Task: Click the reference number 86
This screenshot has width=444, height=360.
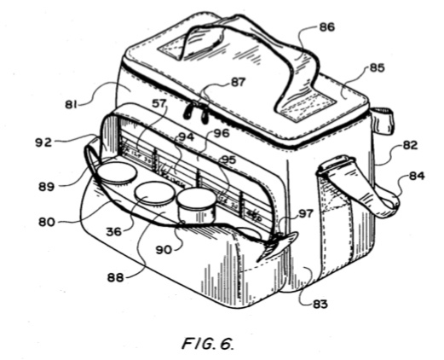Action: click(x=327, y=27)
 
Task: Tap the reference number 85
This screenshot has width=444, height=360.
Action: click(x=377, y=68)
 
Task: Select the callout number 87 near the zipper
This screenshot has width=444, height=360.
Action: click(x=238, y=82)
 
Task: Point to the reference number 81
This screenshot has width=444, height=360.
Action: click(x=71, y=105)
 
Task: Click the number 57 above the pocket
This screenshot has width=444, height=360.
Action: click(x=159, y=103)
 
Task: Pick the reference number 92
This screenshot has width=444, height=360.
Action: click(x=43, y=142)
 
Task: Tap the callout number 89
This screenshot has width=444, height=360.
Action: click(x=46, y=187)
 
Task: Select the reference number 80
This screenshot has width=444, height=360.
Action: click(x=47, y=222)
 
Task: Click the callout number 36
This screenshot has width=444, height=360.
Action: click(x=113, y=232)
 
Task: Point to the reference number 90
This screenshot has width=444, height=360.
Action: click(x=164, y=250)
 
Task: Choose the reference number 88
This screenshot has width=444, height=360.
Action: click(x=115, y=277)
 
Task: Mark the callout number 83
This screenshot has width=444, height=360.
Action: click(x=320, y=305)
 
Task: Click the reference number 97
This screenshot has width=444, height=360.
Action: click(x=305, y=213)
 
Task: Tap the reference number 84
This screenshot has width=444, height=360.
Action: click(x=417, y=176)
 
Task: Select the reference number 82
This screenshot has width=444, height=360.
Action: click(x=411, y=145)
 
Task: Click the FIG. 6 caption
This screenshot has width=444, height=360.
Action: click(x=208, y=343)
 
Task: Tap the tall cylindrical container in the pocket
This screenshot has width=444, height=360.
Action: click(x=196, y=206)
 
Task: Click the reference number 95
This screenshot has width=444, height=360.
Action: click(x=228, y=160)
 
